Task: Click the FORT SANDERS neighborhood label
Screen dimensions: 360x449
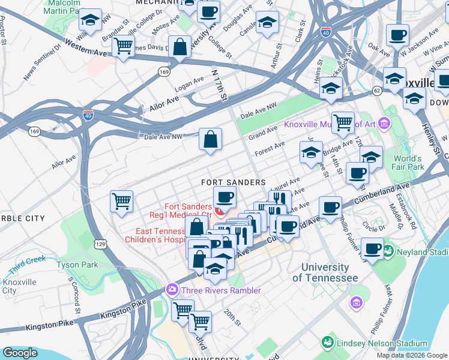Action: click(x=233, y=182)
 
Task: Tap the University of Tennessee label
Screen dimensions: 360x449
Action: click(x=325, y=272)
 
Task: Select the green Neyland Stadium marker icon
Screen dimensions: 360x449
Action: click(x=388, y=249)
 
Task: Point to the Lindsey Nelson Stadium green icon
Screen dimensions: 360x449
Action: click(x=327, y=343)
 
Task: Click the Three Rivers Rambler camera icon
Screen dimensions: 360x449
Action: click(x=172, y=290)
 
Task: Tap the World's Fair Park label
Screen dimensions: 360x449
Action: click(x=409, y=163)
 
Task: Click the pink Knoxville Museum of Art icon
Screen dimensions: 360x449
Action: click(x=384, y=124)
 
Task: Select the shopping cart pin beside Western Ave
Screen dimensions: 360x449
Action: click(x=123, y=46)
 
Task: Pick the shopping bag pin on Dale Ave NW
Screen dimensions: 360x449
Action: click(x=211, y=140)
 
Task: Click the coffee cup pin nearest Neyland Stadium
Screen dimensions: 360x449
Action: click(x=372, y=248)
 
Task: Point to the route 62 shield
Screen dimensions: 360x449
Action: click(x=377, y=91)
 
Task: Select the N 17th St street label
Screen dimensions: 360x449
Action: click(x=220, y=83)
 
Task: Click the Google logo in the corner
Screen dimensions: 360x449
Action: click(x=20, y=353)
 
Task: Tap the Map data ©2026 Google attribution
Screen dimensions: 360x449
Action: click(x=412, y=355)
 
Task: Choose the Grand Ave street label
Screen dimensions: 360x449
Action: click(x=263, y=132)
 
